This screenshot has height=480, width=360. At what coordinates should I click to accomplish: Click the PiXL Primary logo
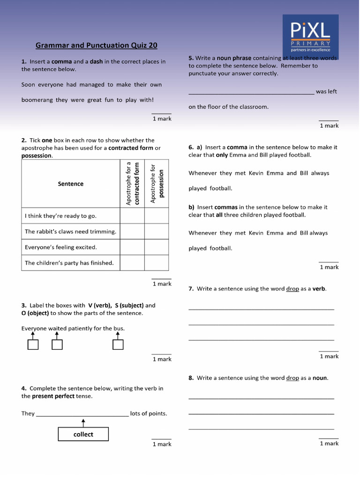click(x=310, y=36)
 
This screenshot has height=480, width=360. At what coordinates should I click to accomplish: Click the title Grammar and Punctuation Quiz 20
click(x=97, y=45)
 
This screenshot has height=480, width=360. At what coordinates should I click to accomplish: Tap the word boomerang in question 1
click(x=37, y=100)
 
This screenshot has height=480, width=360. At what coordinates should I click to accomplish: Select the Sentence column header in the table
click(x=71, y=184)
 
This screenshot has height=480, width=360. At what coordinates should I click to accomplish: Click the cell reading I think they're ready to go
click(x=71, y=216)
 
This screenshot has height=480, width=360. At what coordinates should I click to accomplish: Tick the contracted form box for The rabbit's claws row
click(x=132, y=232)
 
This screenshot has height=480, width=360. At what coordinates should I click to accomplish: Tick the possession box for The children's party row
click(x=156, y=263)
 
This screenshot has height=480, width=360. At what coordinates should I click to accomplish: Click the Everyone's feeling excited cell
click(x=71, y=247)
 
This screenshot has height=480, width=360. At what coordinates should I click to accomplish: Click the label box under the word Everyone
click(x=33, y=345)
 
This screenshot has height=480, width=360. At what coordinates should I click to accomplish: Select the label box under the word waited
click(x=57, y=345)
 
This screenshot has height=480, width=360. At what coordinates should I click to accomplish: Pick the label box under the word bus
click(x=118, y=345)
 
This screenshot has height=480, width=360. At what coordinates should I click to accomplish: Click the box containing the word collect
click(x=83, y=434)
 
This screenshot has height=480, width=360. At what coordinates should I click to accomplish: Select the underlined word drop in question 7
click(x=292, y=289)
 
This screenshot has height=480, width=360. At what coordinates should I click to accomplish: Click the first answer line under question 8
click(x=262, y=398)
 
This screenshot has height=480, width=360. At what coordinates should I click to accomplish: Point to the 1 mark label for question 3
click(x=162, y=359)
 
